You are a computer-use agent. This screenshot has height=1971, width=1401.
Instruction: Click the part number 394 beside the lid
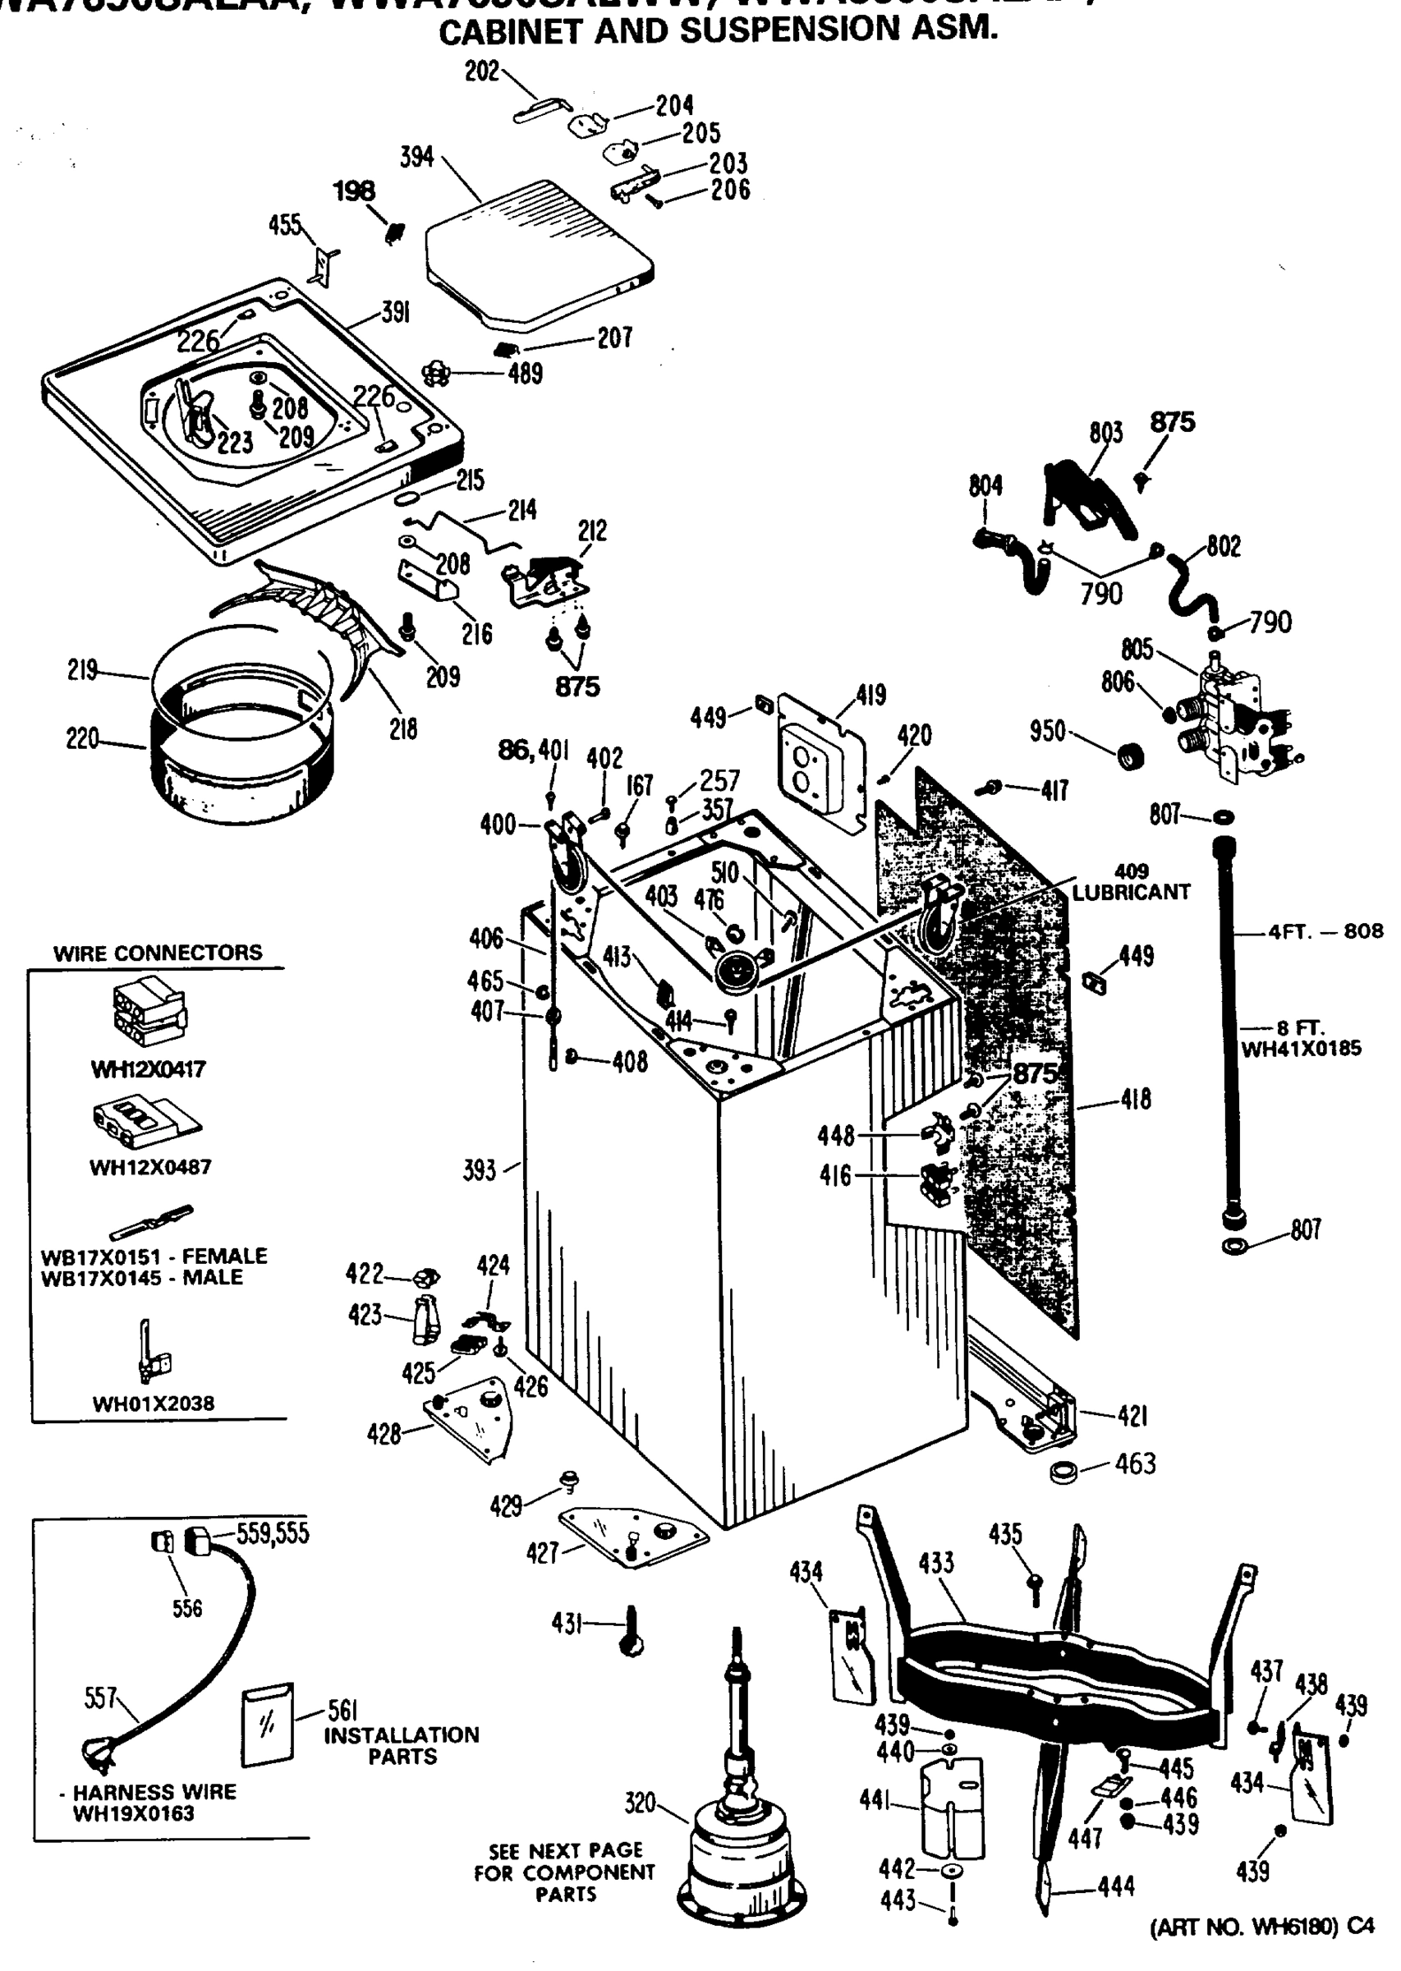[x=416, y=158]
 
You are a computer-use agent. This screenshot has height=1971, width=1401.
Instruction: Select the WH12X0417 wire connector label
[x=149, y=1069]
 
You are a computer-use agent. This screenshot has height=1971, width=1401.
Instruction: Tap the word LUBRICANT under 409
[x=1130, y=893]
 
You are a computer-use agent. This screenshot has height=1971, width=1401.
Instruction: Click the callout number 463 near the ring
[x=1134, y=1463]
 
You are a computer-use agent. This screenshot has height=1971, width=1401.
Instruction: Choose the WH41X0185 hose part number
[x=1300, y=1049]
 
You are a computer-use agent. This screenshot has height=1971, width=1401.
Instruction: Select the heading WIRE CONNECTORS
[x=157, y=953]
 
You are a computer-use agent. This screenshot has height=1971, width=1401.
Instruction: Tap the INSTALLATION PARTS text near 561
[x=402, y=1745]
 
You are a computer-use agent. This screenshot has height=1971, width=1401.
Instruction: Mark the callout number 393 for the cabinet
[x=480, y=1170]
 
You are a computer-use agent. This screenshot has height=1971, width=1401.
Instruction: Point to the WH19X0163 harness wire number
[x=134, y=1813]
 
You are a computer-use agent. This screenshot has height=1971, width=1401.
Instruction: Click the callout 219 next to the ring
[x=83, y=670]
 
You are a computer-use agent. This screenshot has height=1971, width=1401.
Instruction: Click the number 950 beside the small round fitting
[x=1048, y=731]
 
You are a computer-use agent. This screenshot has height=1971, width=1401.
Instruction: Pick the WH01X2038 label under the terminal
[x=153, y=1404]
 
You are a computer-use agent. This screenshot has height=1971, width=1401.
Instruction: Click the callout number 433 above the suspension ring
[x=936, y=1563]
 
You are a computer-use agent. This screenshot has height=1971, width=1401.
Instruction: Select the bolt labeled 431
[x=631, y=1629]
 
